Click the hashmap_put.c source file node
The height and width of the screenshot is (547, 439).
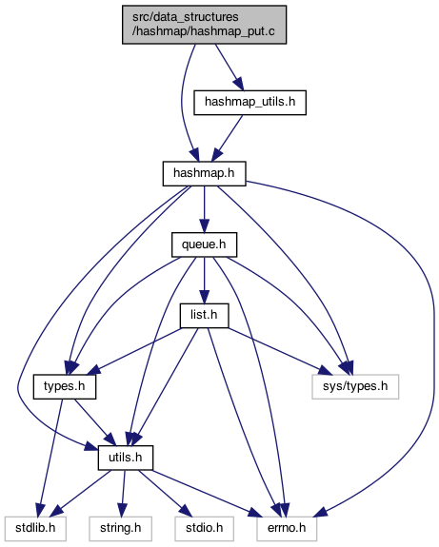[204, 25]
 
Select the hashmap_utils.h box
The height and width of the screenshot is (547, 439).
[250, 103]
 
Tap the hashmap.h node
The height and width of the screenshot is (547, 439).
[205, 173]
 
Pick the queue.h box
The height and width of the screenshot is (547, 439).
[205, 244]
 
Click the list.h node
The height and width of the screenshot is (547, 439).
[205, 316]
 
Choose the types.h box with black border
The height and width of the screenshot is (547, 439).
[65, 386]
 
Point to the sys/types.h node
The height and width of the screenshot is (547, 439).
[355, 386]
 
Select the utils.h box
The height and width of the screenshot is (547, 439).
[126, 458]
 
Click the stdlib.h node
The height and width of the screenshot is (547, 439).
[35, 529]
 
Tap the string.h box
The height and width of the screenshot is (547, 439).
[121, 529]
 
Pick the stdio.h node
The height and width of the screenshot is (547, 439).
[205, 529]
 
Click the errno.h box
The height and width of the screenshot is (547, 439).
[287, 529]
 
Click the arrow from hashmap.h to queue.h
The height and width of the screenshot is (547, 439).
[205, 209]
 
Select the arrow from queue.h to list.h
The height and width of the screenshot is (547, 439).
[205, 281]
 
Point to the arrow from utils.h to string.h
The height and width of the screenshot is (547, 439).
[123, 494]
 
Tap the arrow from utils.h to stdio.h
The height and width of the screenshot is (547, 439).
[165, 494]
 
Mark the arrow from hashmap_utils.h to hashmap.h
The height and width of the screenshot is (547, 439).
[228, 138]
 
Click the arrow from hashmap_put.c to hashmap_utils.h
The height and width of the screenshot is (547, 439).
[229, 68]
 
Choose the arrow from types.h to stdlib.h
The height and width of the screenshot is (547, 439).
[51, 458]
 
